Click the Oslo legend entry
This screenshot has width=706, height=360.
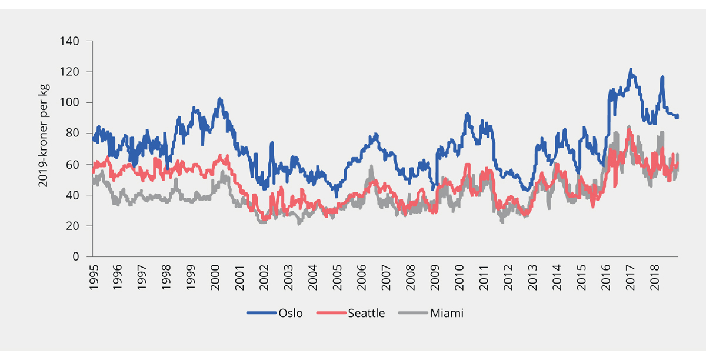click(289, 313)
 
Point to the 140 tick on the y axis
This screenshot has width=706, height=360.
click(71, 41)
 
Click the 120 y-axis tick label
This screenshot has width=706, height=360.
click(71, 72)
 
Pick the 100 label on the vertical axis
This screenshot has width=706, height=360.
click(71, 102)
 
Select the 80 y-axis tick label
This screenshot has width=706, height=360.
click(73, 134)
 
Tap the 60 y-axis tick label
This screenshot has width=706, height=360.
click(73, 164)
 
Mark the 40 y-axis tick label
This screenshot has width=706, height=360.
click(73, 195)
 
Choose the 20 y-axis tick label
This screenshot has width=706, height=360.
click(73, 226)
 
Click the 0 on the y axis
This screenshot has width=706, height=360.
click(75, 256)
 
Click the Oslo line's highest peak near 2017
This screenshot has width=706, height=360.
click(631, 69)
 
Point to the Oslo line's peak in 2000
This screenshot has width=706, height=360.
click(219, 99)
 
